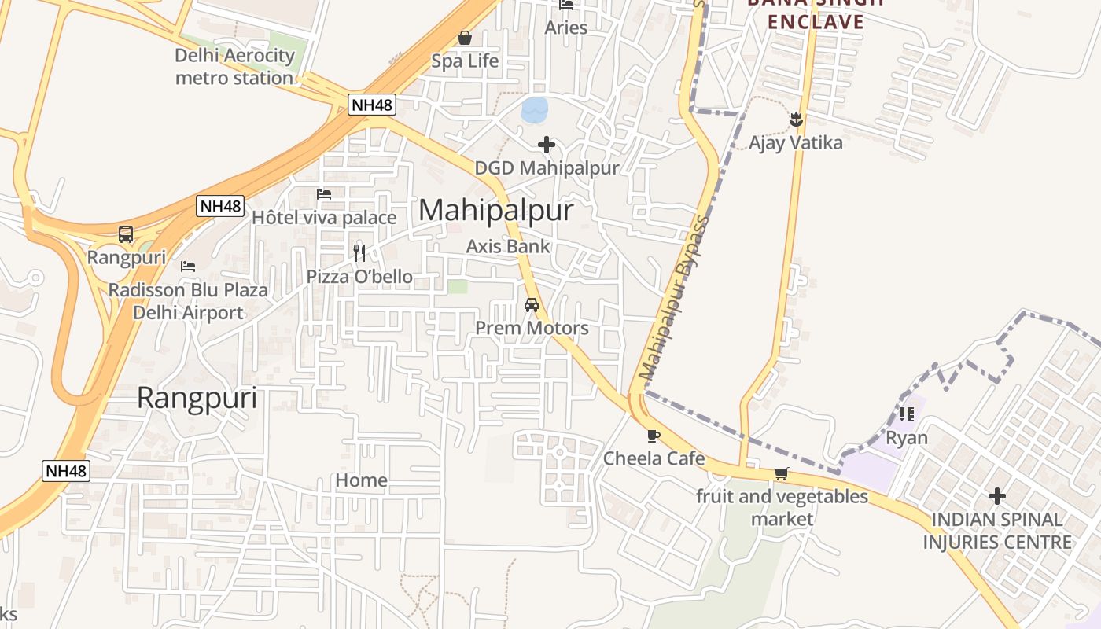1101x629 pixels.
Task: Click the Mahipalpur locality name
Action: coord(496,211)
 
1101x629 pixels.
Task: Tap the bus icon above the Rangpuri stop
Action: coord(126,234)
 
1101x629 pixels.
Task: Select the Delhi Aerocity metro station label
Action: coord(234,67)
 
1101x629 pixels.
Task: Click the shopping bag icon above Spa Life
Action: coord(465,38)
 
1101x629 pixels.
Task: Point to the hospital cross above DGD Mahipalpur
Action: coord(547,145)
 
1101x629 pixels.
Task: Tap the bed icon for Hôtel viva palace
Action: coord(324,194)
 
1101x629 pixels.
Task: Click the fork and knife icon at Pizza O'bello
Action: coord(359,252)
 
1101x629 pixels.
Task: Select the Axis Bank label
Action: coord(508,246)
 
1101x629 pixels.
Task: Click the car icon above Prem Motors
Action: coord(532,305)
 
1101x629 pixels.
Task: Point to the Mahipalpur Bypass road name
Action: coord(675,298)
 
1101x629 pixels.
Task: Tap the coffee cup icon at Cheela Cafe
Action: coord(654,436)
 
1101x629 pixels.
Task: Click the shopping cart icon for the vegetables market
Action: coord(781,473)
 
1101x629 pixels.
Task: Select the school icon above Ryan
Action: coord(907,414)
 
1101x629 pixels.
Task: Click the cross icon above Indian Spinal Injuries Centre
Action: coord(997,496)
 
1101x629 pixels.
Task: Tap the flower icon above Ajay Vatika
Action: coord(796,120)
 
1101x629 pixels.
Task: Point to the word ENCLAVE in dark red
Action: coord(816,21)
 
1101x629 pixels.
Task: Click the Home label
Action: coord(362,480)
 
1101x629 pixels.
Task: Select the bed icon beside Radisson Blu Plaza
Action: coord(188,267)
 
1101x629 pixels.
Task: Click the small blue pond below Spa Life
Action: coord(535,109)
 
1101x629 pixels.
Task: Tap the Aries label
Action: coord(566,28)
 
